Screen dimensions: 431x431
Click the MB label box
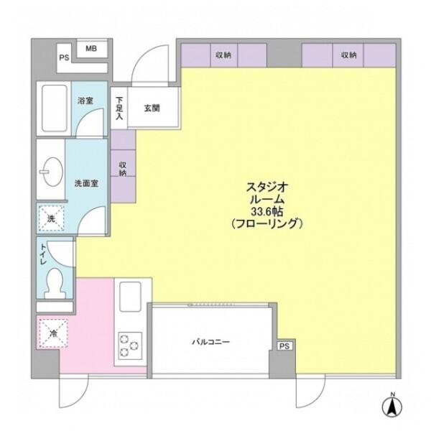click(91, 49)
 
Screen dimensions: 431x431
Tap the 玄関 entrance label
click(152, 108)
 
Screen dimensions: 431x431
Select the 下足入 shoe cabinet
click(119, 108)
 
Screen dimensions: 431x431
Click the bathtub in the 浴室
click(55, 108)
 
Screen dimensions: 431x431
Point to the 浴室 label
click(85, 101)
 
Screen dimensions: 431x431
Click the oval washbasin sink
click(52, 172)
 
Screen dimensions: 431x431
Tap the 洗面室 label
click(86, 183)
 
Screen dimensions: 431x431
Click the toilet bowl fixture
click(55, 284)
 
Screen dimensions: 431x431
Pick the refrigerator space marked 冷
click(53, 333)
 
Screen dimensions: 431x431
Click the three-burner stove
click(130, 346)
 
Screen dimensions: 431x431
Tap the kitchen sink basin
click(130, 297)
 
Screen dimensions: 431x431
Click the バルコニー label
click(210, 342)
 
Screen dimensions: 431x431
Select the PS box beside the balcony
click(284, 346)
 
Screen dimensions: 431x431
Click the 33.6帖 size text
click(267, 212)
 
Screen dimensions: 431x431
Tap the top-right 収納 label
click(349, 55)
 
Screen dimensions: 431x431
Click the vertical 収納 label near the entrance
click(123, 169)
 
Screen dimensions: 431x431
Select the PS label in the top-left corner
click(64, 58)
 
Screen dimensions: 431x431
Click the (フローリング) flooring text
click(267, 223)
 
